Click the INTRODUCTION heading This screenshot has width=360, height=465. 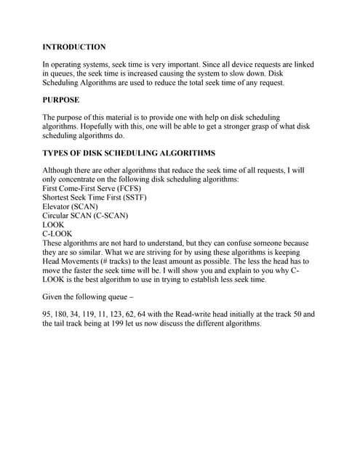(74, 46)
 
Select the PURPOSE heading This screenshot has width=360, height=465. (61, 100)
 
